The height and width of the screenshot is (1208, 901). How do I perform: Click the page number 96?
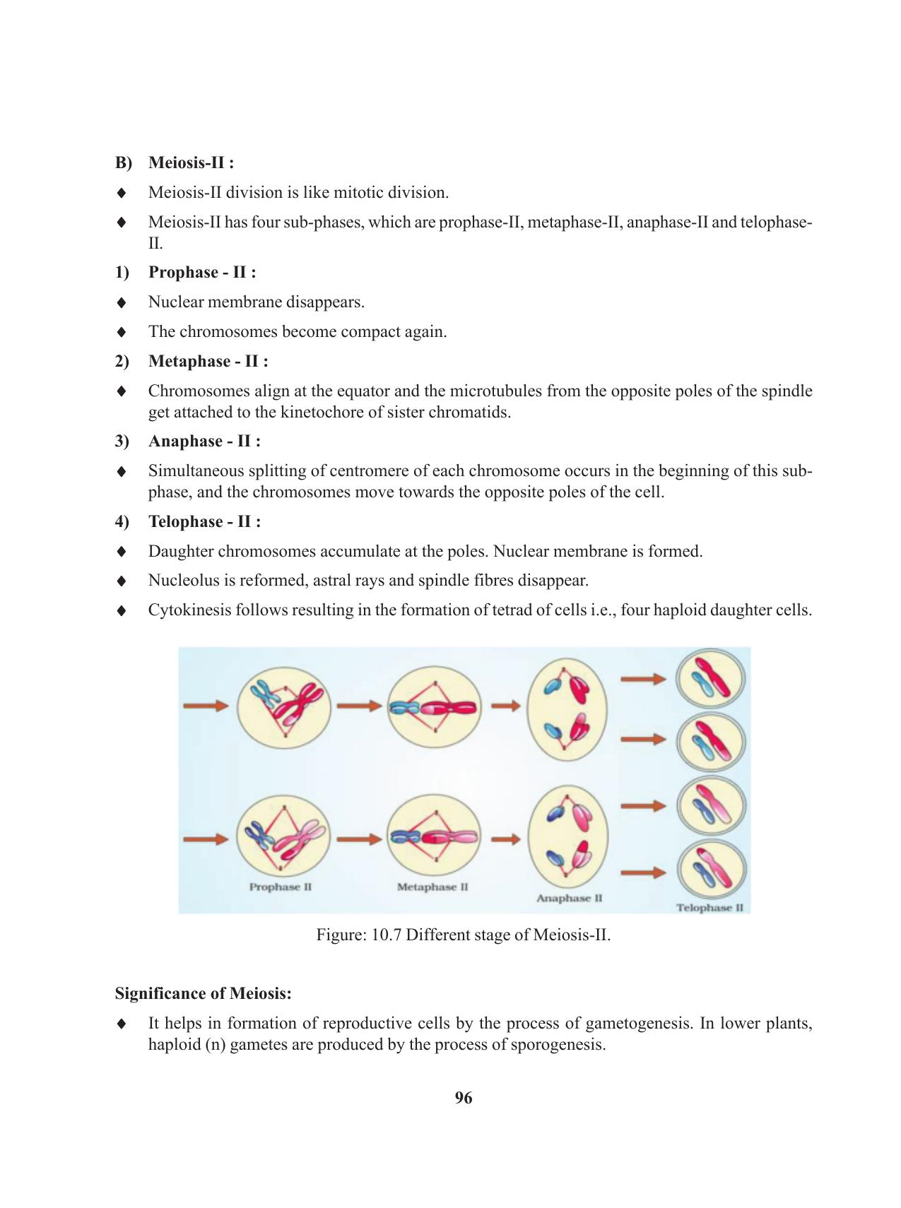coord(464,1098)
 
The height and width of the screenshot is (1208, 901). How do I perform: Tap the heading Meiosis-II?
coord(191,162)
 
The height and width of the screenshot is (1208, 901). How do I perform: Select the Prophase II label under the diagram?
coord(281,887)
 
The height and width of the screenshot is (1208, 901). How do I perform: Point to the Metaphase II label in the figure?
coord(432,887)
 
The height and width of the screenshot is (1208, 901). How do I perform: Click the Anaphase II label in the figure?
coord(569,898)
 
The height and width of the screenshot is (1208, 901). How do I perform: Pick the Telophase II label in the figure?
coord(709,907)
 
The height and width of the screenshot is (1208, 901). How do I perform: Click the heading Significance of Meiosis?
coord(204,993)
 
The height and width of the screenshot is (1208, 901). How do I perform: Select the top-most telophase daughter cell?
coord(711,679)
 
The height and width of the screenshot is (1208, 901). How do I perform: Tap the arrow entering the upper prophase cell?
coord(206,705)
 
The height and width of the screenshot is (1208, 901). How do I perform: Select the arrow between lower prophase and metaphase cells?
coord(359,839)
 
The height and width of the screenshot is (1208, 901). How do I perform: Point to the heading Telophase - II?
coord(204,521)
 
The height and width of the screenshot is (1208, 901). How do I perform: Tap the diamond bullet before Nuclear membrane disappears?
coord(122,302)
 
